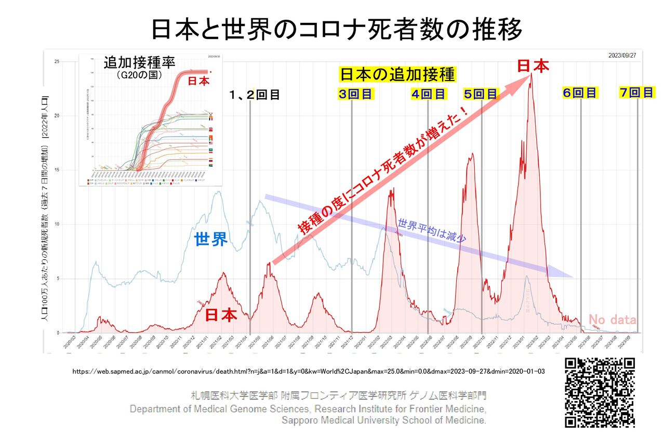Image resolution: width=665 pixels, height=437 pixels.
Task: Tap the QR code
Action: point(600,392)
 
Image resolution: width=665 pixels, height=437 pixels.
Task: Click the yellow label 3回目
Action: point(355,95)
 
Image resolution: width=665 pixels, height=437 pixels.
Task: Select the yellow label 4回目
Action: point(429,95)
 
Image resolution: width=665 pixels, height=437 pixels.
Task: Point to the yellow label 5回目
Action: point(481,95)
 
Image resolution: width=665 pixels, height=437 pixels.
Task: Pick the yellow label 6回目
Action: point(580,94)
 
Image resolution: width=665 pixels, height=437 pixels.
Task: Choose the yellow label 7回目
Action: point(636,92)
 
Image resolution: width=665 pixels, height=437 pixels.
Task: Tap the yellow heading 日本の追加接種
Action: point(397,74)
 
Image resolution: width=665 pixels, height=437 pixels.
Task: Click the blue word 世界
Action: point(211,240)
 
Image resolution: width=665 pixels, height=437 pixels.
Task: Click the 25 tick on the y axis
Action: point(57,62)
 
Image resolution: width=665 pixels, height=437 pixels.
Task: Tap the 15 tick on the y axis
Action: point(57,170)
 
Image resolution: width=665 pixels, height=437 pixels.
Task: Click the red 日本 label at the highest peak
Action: point(533,66)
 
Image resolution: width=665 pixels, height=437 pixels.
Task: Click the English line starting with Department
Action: point(308,408)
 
